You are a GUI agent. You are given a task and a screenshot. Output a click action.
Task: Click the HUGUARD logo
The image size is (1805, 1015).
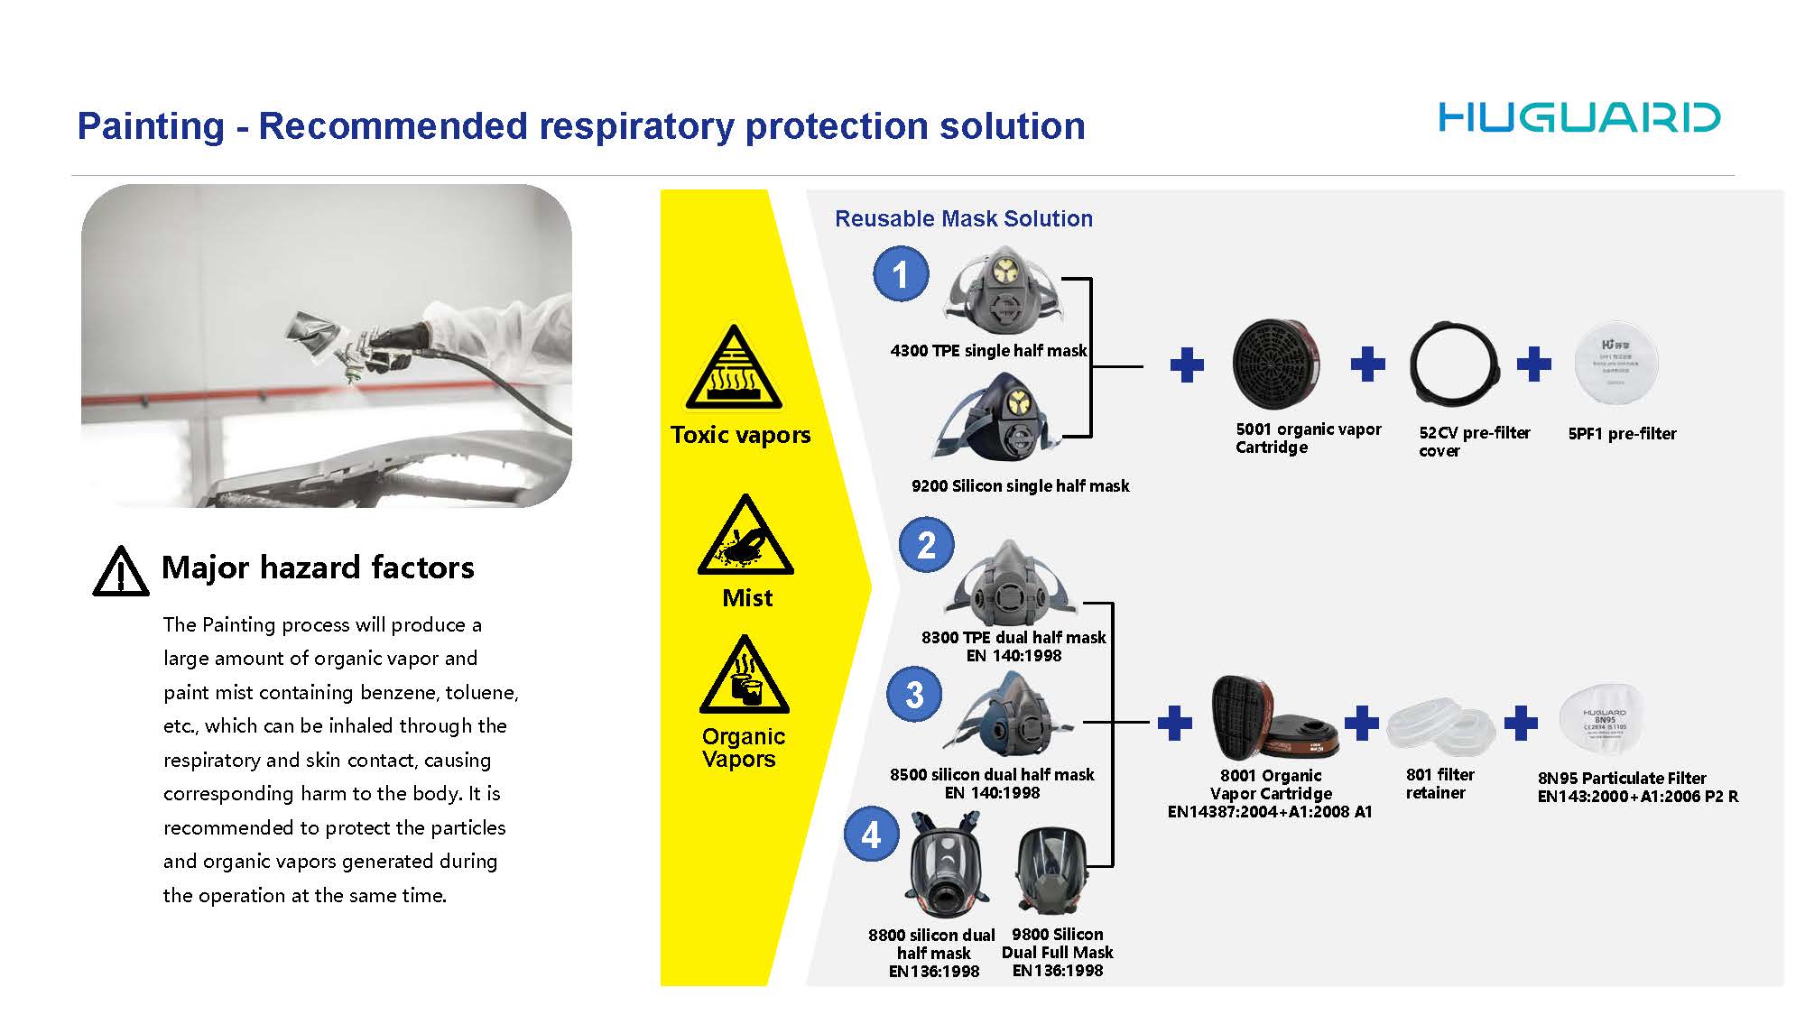click(x=1579, y=118)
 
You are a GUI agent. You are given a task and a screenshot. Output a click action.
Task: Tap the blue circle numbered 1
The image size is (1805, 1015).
click(x=901, y=273)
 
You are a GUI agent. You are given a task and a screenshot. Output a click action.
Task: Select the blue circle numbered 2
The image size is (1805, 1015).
click(x=926, y=545)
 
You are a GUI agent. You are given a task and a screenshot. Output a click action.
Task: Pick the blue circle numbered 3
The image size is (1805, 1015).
click(x=914, y=694)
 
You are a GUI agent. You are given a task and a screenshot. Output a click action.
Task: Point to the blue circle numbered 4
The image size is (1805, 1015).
click(x=871, y=834)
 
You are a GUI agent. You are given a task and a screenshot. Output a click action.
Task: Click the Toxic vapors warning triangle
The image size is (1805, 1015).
click(x=734, y=370)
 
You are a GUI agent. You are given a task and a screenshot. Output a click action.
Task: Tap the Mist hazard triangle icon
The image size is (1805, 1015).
click(x=745, y=538)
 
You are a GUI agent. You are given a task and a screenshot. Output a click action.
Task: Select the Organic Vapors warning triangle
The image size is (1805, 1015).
click(x=745, y=677)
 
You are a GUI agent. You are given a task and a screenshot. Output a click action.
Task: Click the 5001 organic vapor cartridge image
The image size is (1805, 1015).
click(x=1275, y=364)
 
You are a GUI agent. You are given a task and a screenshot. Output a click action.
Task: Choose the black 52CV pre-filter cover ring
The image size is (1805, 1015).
click(x=1454, y=364)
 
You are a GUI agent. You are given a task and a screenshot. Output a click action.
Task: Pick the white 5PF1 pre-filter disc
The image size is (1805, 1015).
click(x=1615, y=364)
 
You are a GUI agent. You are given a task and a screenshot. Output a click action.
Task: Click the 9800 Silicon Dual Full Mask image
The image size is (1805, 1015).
click(x=1051, y=871)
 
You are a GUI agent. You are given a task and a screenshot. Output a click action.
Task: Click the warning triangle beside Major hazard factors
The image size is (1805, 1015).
click(x=120, y=572)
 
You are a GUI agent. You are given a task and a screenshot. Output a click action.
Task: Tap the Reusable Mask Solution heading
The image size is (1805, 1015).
click(x=963, y=218)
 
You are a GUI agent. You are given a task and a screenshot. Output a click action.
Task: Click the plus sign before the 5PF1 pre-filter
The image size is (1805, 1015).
click(x=1533, y=364)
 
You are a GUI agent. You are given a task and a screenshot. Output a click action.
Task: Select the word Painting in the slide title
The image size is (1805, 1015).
click(x=150, y=126)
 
